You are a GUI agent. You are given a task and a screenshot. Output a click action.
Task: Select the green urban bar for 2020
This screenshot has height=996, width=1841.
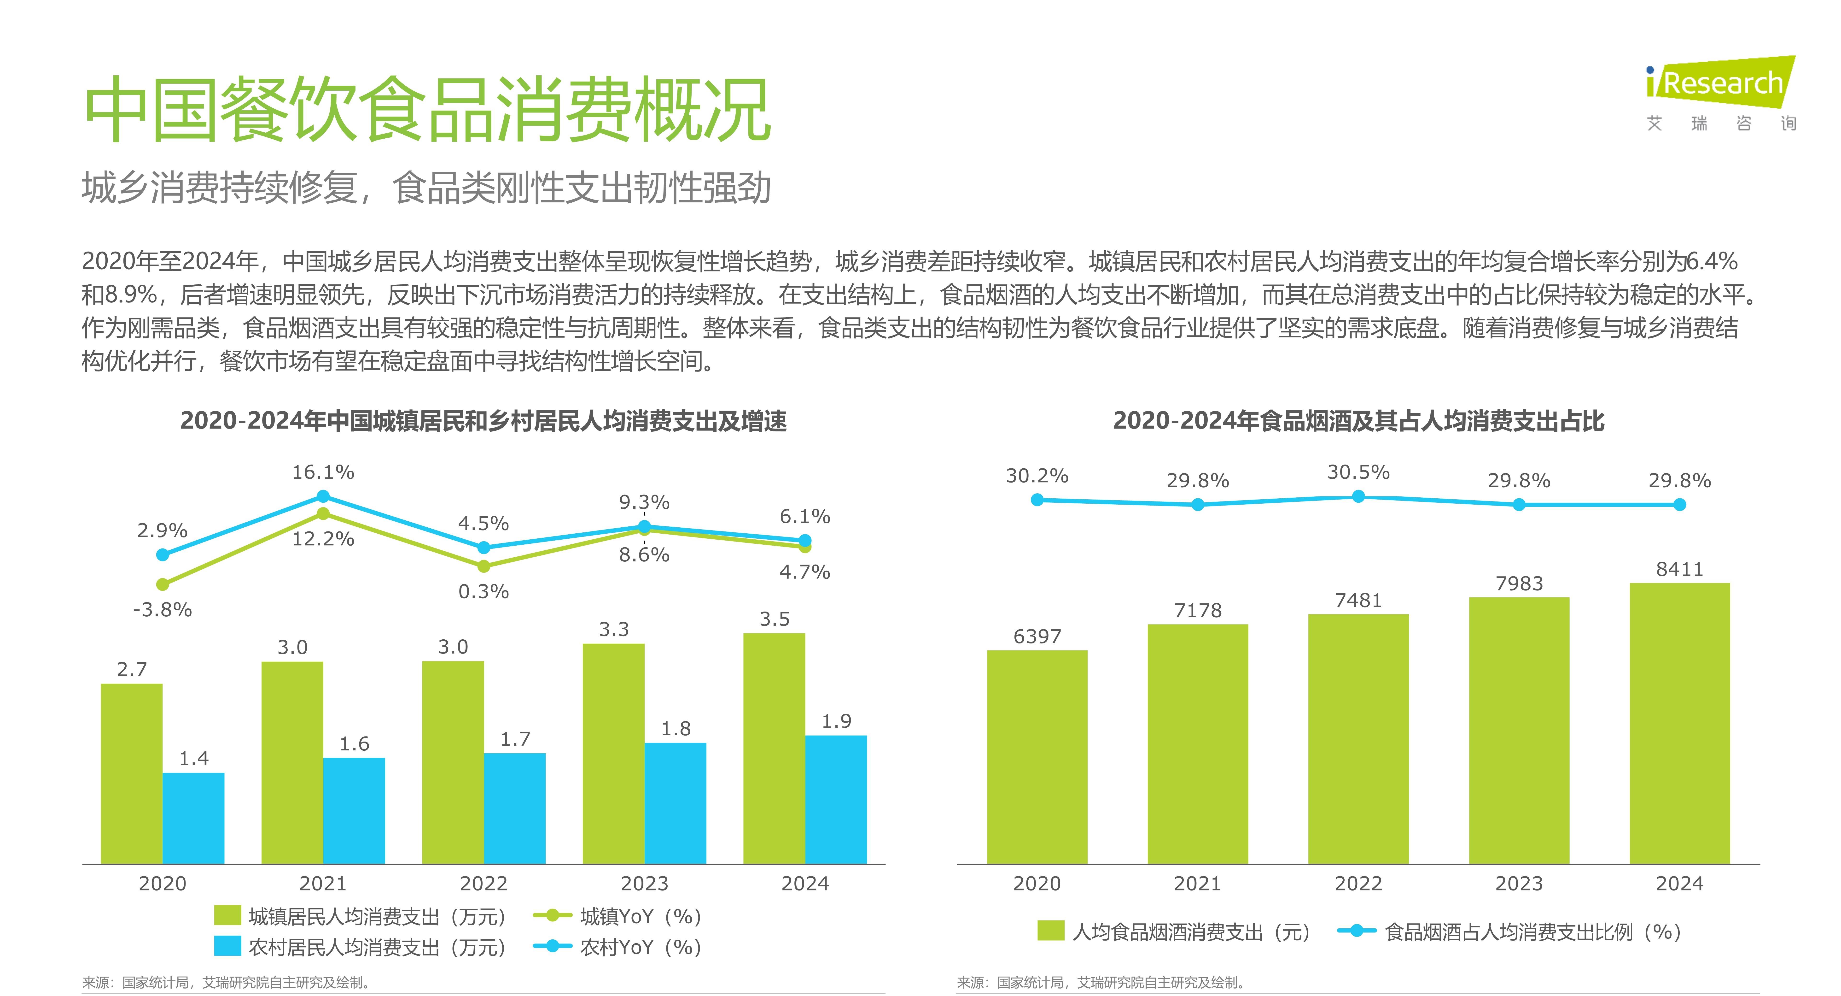[132, 774]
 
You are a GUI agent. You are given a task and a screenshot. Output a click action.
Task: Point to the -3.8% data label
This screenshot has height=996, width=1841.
[162, 610]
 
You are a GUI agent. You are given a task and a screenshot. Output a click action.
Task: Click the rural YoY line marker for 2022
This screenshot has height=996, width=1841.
[484, 548]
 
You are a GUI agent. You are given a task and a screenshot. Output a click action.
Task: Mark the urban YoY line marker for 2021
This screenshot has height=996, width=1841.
[323, 513]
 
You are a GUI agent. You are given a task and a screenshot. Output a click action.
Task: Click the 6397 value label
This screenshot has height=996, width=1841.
[1037, 636]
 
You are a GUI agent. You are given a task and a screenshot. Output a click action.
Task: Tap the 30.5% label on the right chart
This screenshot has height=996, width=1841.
[1358, 473]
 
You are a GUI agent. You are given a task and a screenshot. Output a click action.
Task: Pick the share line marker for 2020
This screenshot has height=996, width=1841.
[1037, 500]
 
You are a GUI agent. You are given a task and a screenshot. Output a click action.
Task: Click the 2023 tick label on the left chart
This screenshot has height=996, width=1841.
[644, 884]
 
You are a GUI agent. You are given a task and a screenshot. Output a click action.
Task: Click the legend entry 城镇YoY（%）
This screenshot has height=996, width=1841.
[618, 917]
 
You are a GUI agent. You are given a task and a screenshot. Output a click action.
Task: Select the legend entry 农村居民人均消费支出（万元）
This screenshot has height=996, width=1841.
[361, 947]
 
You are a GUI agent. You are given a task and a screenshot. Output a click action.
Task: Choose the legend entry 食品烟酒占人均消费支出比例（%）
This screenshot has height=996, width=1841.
[1509, 932]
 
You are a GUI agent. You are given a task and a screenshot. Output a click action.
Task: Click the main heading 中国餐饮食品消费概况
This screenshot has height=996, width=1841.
[427, 111]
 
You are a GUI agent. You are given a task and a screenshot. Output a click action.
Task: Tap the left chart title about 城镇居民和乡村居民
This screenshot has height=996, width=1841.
[483, 421]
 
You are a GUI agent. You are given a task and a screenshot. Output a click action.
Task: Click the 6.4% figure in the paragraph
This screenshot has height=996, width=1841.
[1712, 262]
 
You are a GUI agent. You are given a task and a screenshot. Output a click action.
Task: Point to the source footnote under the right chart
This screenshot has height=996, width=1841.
[1101, 982]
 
